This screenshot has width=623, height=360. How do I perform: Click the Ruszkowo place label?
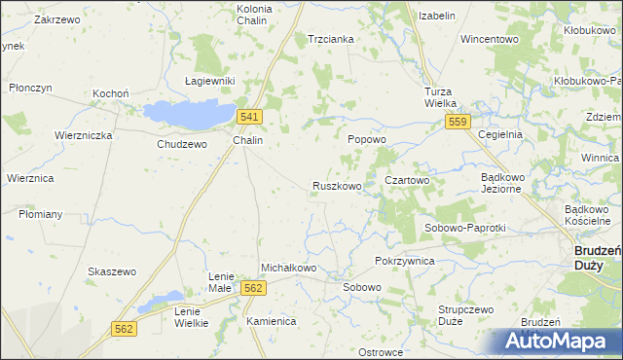pos(337,185)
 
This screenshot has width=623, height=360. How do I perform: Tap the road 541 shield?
pos(249,117)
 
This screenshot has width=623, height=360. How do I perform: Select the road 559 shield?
pos(459,122)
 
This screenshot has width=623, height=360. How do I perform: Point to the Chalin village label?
pos(247,140)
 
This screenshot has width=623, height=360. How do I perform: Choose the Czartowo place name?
pos(407,180)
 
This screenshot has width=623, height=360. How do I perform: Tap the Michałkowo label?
pos(289,268)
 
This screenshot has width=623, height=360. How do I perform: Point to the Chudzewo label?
pos(182,144)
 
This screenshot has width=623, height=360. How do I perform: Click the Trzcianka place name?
pos(330,39)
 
